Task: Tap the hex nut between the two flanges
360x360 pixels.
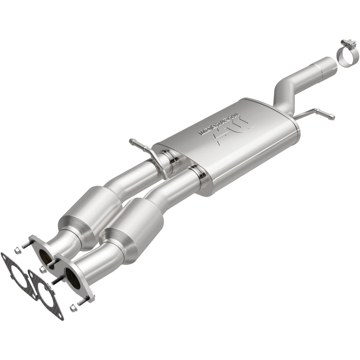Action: (x=44, y=270)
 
